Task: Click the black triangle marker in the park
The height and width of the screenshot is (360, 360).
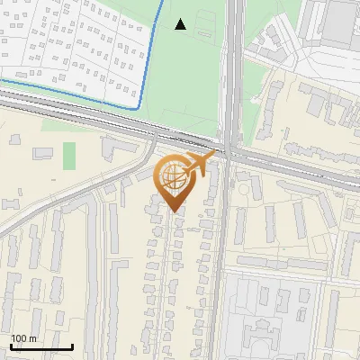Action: click(181, 24)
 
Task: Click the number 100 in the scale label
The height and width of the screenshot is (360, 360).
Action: click(21, 338)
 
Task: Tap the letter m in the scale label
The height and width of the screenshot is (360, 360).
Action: click(33, 338)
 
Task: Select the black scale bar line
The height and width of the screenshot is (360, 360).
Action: click(41, 346)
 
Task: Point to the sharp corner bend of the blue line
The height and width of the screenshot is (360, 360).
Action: click(138, 107)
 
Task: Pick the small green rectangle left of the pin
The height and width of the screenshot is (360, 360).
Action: click(69, 155)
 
